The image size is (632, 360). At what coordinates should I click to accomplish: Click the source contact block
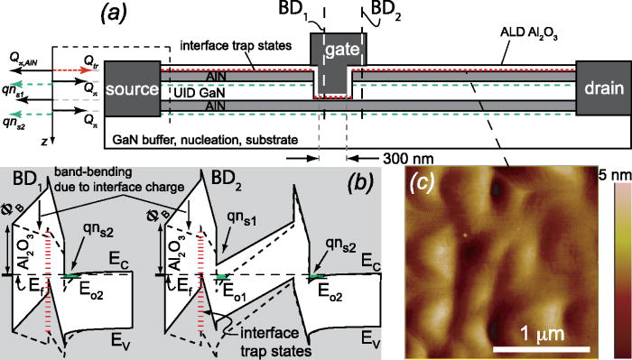tap(132, 90)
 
